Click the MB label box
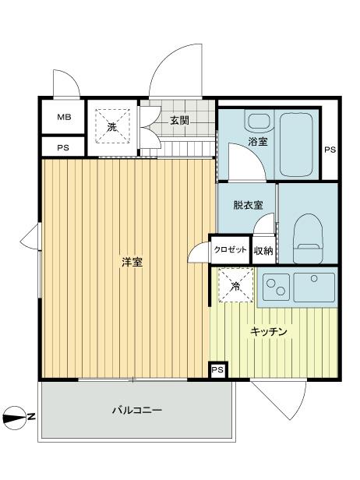[x=64, y=118]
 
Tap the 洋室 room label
[x=132, y=262]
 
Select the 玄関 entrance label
[x=179, y=120]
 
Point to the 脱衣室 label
[x=248, y=205]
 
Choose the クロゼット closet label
[x=230, y=250]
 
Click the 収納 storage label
[x=263, y=250]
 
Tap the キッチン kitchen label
[x=269, y=332]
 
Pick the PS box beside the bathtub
[x=330, y=150]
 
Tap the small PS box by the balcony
[x=217, y=370]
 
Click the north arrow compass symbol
[x=17, y=418]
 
